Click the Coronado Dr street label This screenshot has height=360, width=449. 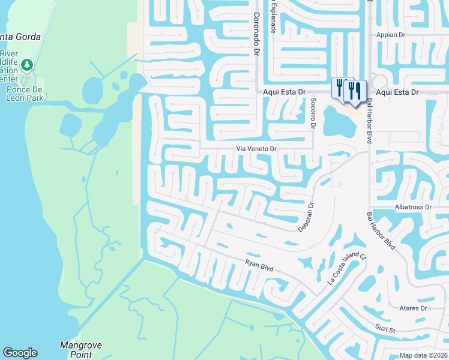click(x=256, y=35)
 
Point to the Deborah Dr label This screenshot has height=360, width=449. click(x=306, y=217)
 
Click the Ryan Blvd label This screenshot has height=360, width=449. click(x=259, y=265)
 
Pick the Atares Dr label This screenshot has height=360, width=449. click(x=412, y=308)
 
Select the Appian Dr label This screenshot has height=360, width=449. click(x=391, y=35)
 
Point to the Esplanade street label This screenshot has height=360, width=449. click(x=274, y=17)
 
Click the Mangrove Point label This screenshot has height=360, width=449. click(x=81, y=350)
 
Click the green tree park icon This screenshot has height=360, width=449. click(x=26, y=64)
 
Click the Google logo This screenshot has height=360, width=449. click(x=20, y=353)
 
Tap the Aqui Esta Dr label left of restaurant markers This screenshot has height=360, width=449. click(x=285, y=92)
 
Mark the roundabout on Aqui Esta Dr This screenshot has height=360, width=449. click(x=379, y=82)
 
